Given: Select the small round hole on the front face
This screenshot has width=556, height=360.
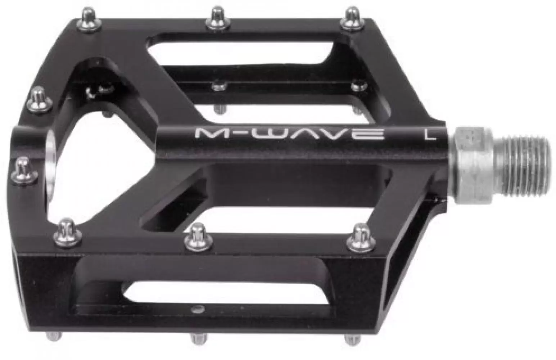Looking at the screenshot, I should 196,309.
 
